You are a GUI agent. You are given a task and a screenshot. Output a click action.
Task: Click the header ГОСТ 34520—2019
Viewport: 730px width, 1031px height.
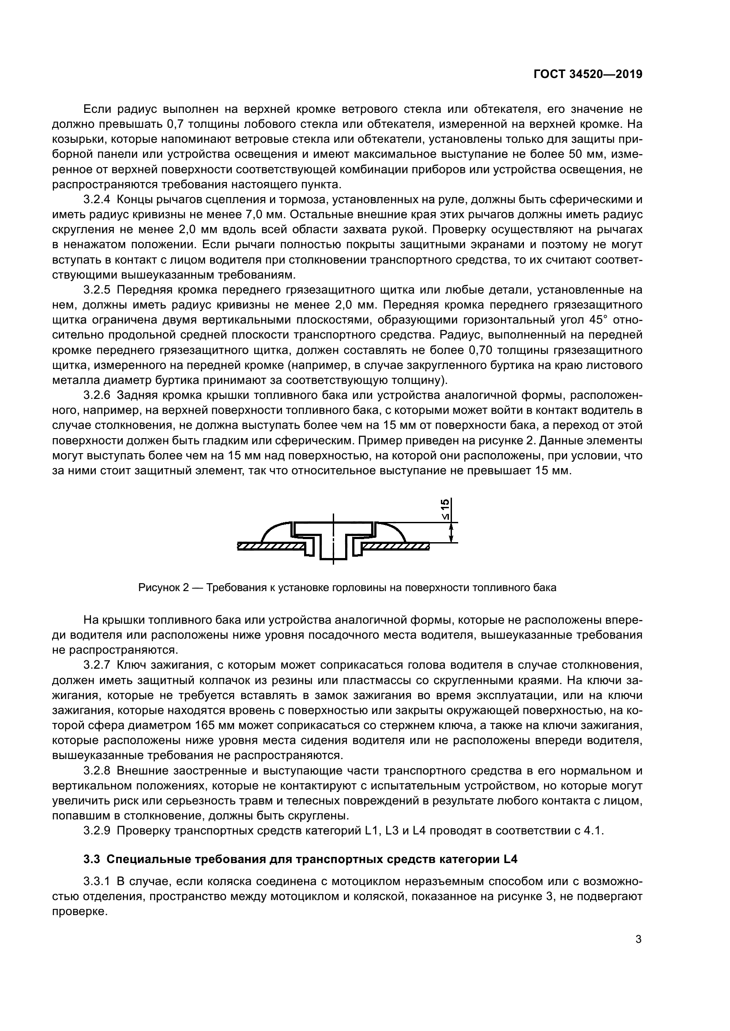[x=587, y=74]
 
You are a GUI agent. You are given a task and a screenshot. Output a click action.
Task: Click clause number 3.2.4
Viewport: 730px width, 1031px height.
[x=96, y=199]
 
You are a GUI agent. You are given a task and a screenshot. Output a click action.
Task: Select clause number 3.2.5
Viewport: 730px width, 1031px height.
[x=96, y=290]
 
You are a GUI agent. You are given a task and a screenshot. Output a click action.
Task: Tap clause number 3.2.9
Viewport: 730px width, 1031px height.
[x=96, y=830]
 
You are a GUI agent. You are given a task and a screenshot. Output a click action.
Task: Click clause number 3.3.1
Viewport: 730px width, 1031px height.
[x=96, y=881]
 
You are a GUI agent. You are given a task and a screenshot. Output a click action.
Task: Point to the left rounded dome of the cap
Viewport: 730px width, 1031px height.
[x=275, y=532]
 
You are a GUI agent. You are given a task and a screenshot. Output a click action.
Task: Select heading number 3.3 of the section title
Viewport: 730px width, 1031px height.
[x=92, y=860]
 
